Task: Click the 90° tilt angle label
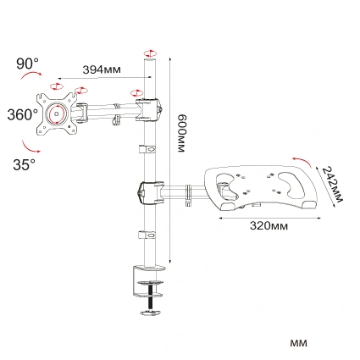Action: point(28,63)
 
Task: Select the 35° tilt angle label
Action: point(24,163)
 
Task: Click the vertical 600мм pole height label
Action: point(181,133)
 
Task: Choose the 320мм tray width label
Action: point(269,226)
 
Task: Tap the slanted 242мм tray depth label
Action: point(333,186)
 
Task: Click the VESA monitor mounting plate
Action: point(58,113)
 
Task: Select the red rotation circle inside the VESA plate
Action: point(58,113)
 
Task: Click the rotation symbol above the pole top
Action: point(150,53)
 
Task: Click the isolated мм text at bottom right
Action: point(298,343)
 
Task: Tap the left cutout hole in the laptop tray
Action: point(228,180)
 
